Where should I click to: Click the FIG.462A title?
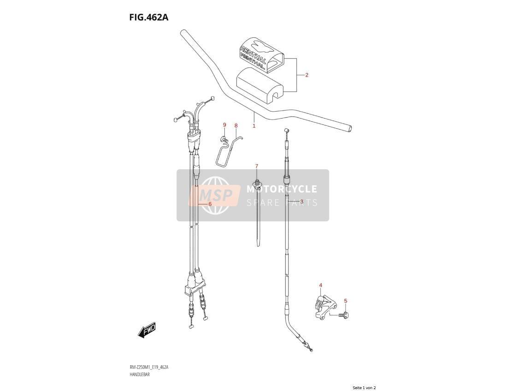tap(149, 17)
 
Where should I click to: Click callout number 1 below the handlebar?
tap(254, 126)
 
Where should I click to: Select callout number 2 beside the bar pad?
tap(306, 75)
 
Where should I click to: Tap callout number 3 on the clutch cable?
tap(302, 201)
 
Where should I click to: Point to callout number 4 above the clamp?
tap(320, 285)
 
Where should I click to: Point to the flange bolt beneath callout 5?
tap(345, 314)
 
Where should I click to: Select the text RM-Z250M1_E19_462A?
tap(149, 367)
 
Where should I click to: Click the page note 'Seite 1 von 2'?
tap(365, 388)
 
